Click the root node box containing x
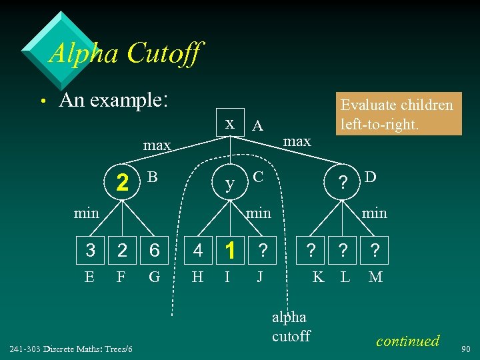click(230, 125)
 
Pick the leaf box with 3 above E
click(91, 251)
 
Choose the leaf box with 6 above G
click(154, 251)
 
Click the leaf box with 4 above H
click(198, 251)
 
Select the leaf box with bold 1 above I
click(230, 251)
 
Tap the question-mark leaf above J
click(263, 251)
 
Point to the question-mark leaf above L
click(343, 251)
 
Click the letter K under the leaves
click(319, 276)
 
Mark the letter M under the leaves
click(375, 276)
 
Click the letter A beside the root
click(258, 126)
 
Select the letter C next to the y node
click(259, 178)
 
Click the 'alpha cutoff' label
click(291, 327)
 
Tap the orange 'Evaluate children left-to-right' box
click(397, 114)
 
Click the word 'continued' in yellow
click(408, 341)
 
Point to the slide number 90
click(467, 348)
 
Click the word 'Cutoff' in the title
click(161, 53)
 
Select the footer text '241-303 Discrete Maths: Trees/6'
click(71, 349)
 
